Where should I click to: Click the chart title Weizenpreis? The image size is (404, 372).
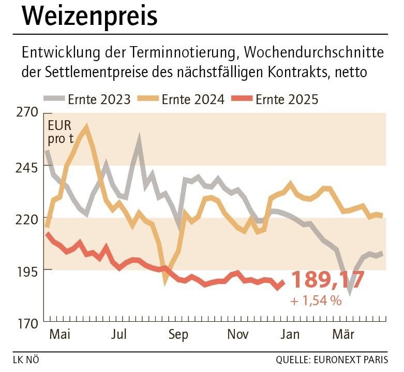90,17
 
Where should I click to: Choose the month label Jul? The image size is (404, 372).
120,335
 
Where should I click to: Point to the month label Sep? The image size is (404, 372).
178,335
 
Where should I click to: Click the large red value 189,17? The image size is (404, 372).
328,280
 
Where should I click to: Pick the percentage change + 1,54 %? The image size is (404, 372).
316,301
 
